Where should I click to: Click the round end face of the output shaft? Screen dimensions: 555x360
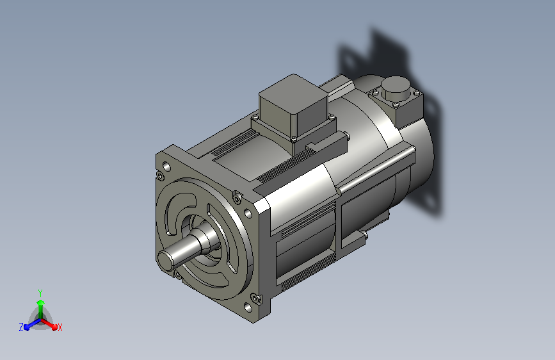tap(166, 260)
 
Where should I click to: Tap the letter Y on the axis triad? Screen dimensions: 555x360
tap(40, 293)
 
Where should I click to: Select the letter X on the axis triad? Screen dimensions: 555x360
tap(60, 327)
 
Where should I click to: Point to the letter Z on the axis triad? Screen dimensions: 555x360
tap(21, 327)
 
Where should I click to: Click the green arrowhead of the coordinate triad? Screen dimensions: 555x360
tap(41, 303)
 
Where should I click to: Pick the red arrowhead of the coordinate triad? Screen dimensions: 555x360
tap(54, 327)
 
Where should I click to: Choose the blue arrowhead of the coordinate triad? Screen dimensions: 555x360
tap(27, 327)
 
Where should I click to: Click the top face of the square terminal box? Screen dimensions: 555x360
tap(293, 93)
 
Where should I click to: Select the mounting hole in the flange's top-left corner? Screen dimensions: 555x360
tap(166, 166)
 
